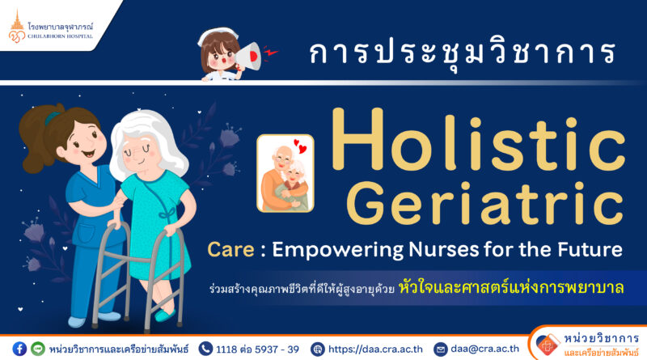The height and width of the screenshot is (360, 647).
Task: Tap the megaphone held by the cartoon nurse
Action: point(248,57)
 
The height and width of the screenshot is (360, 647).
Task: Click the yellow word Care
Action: point(230,249)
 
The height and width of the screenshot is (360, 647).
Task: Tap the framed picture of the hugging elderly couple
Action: point(285,173)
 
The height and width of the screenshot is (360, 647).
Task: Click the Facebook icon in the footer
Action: point(19,349)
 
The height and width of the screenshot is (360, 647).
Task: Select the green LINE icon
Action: point(38,349)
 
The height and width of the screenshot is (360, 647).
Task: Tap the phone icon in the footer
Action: point(205,349)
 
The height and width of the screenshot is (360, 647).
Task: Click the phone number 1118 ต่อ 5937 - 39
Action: point(257,349)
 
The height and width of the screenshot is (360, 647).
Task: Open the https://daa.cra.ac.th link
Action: point(375,349)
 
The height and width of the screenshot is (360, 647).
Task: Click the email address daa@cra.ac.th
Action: point(484,349)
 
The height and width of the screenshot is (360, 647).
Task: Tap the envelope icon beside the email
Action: point(440,349)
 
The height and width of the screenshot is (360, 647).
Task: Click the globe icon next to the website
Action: point(317,349)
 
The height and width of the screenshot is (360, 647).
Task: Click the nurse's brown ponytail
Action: point(38,138)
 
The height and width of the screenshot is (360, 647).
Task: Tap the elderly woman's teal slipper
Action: point(165,316)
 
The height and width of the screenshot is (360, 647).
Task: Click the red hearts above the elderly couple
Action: point(300,146)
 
